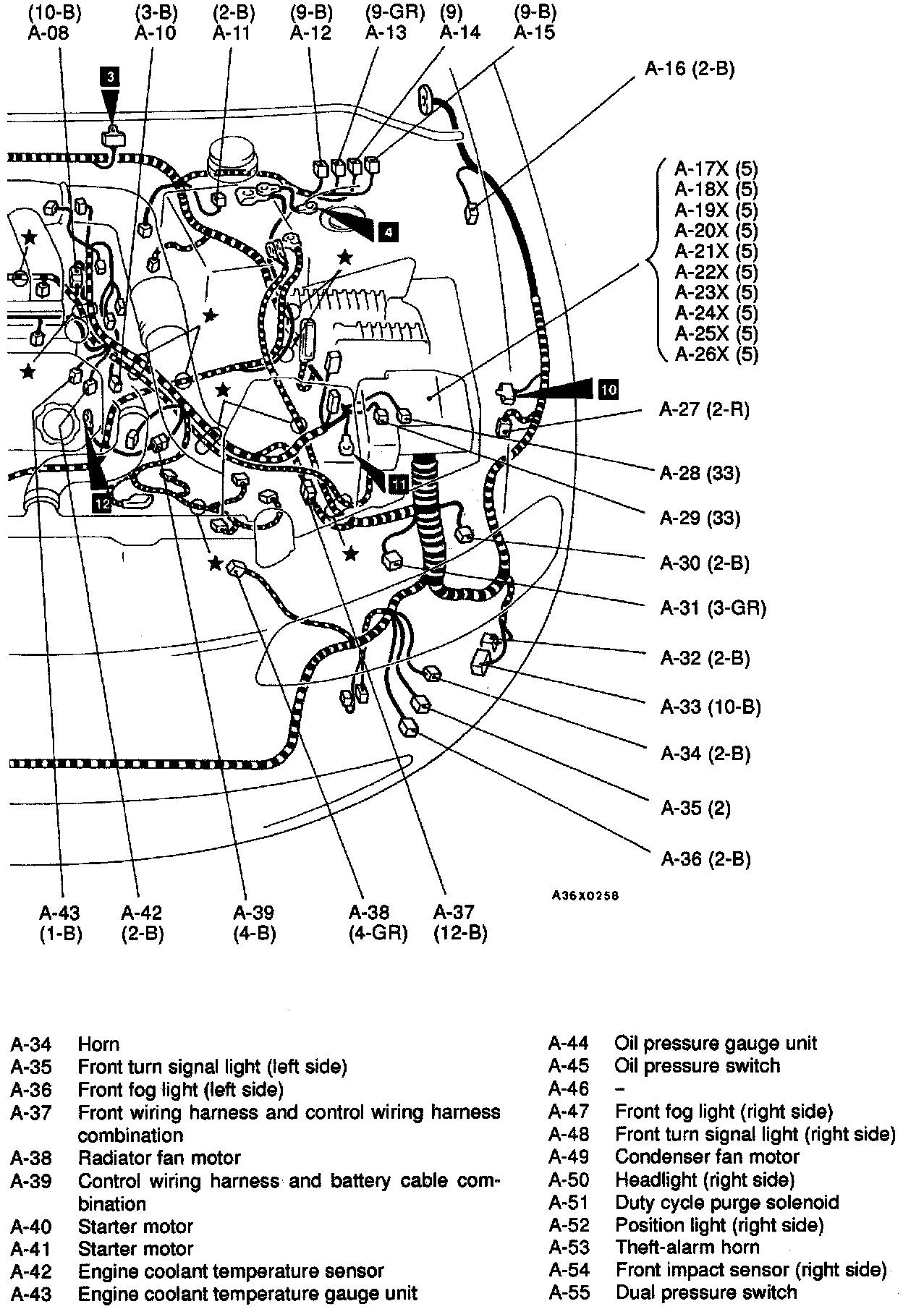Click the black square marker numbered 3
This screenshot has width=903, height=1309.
click(109, 77)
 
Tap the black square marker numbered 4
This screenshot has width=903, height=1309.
click(389, 231)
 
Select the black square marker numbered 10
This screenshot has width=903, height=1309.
click(609, 389)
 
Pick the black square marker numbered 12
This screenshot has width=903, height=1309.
click(102, 503)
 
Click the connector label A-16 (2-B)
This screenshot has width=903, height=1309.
click(690, 69)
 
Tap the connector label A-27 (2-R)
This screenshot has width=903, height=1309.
click(704, 410)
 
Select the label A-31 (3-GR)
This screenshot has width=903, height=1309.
click(713, 608)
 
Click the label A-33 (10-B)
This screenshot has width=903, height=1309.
click(711, 707)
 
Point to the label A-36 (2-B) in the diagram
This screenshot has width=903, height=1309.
click(705, 858)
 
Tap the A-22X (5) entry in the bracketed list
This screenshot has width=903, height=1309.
click(716, 272)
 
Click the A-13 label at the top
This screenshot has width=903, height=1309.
click(386, 33)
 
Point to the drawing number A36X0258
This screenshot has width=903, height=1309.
click(585, 895)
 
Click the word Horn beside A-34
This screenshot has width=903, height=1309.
click(98, 1044)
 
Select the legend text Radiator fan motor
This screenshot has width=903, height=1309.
click(159, 1159)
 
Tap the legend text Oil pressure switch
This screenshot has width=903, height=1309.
click(697, 1066)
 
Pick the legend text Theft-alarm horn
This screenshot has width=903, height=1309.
click(687, 1248)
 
